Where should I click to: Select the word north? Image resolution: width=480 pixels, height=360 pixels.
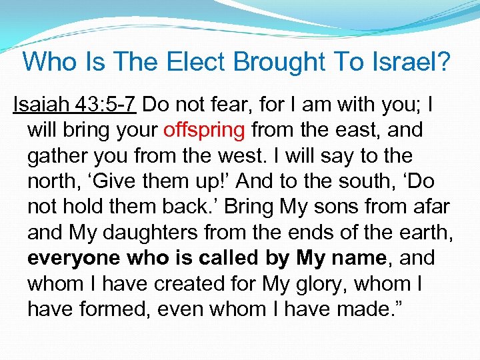coord(51,181)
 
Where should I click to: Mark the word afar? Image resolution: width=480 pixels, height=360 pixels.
coord(431,206)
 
